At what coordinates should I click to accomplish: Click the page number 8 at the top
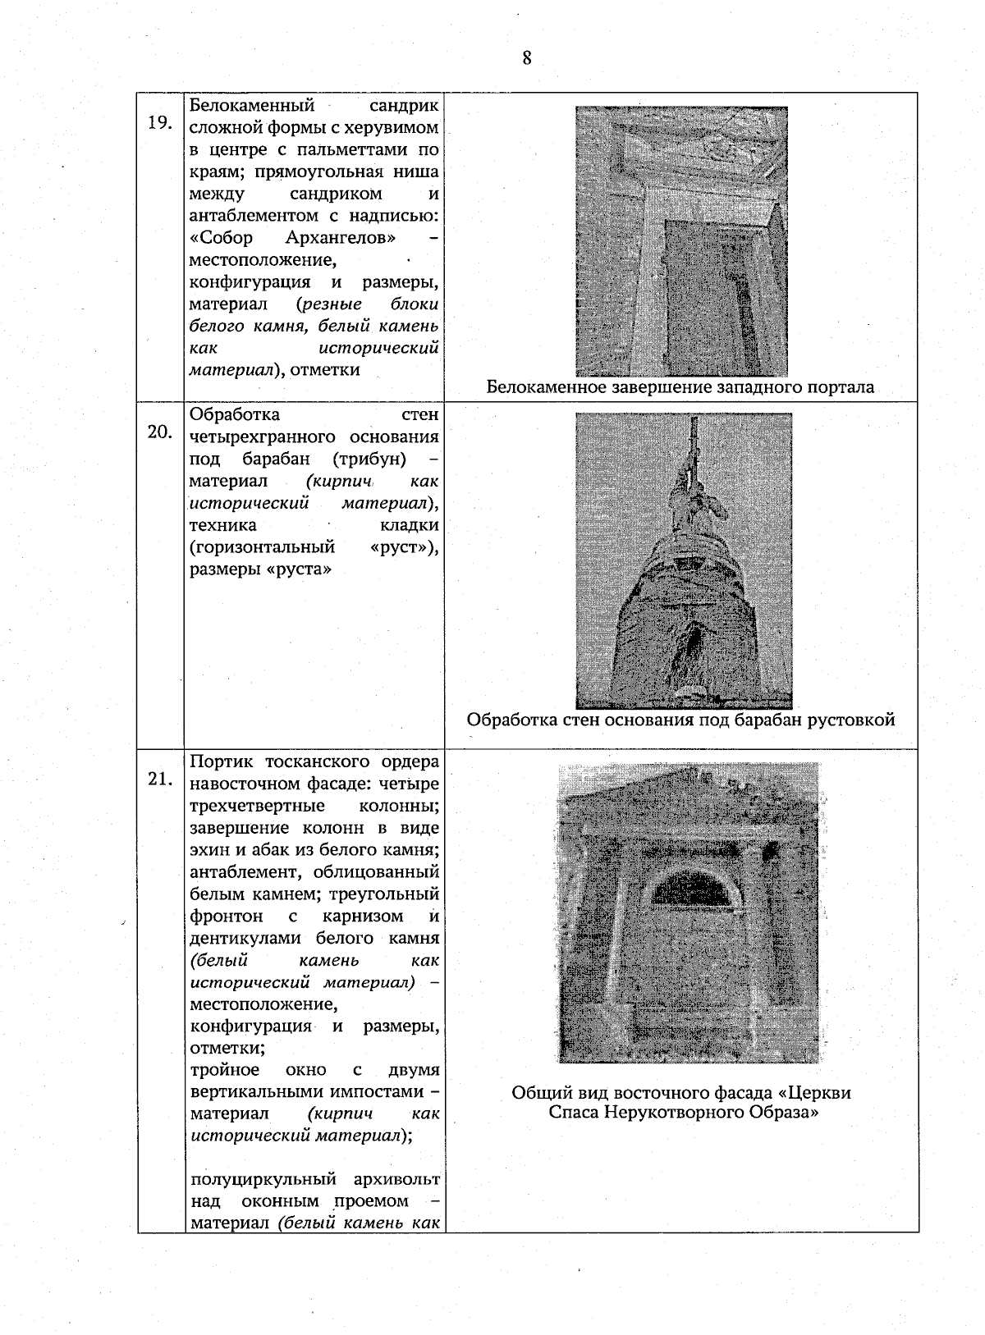(x=526, y=57)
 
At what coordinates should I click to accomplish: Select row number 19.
(x=159, y=123)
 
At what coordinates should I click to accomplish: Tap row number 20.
(x=159, y=432)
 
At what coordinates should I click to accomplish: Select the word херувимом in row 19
(x=398, y=128)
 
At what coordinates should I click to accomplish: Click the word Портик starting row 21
(x=218, y=761)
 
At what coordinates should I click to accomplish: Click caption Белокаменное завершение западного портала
(x=680, y=387)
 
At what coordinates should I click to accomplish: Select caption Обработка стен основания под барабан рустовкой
(x=680, y=720)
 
